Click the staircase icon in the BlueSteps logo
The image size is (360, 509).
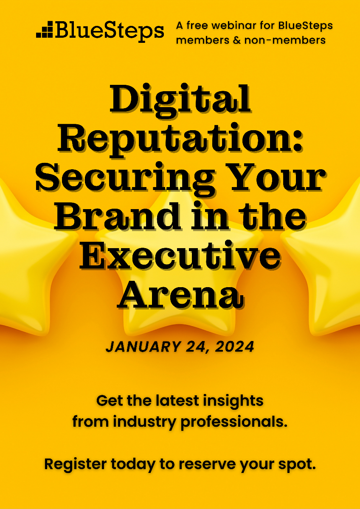45,30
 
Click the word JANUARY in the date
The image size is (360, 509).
136,347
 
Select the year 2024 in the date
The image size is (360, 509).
235,347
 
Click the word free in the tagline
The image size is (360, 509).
199,25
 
